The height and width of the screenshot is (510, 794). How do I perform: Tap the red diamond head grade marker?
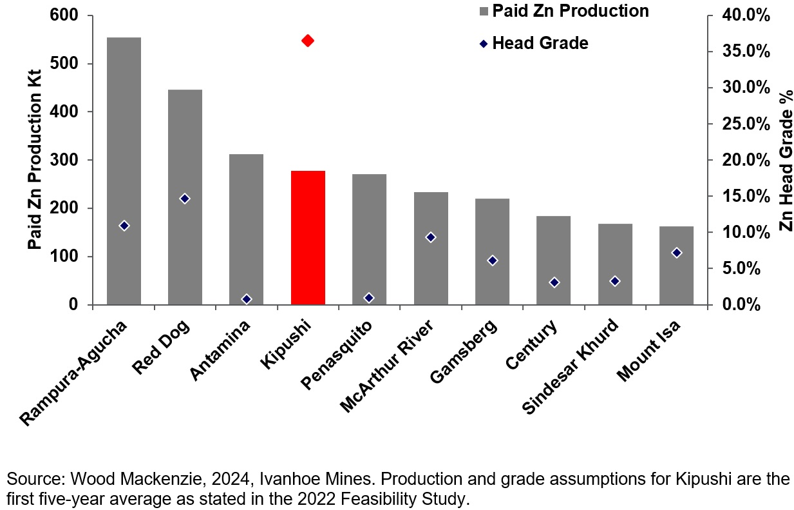308,41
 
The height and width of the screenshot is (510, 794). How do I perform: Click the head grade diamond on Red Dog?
185,199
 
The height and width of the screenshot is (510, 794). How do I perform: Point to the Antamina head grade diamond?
247,299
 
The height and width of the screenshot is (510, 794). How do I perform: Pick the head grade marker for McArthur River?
431,237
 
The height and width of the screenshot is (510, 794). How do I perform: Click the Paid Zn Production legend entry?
570,11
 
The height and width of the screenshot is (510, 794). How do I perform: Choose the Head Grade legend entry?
540,43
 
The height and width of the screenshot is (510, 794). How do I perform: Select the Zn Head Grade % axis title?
784,160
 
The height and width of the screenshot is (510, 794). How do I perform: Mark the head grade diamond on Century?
554,282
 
